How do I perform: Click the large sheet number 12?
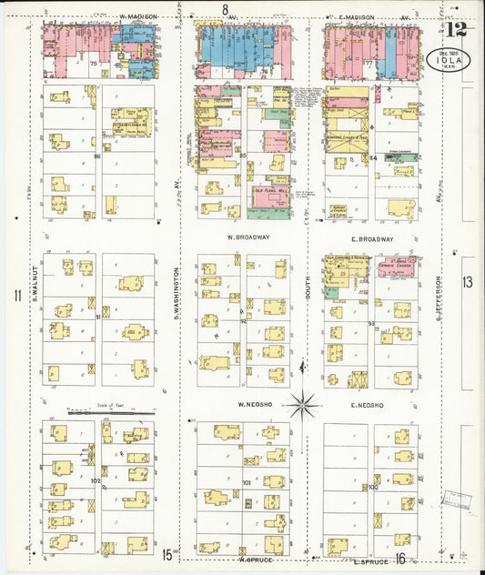click(x=457, y=28)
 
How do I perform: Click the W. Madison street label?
click(x=138, y=16)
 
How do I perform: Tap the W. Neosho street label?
click(x=255, y=405)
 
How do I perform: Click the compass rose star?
click(x=303, y=403)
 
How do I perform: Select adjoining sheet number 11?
click(x=16, y=295)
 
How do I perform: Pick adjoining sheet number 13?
click(x=468, y=283)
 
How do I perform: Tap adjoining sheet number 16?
click(x=400, y=559)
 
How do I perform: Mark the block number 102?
click(x=95, y=480)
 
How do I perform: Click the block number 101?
click(x=246, y=482)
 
